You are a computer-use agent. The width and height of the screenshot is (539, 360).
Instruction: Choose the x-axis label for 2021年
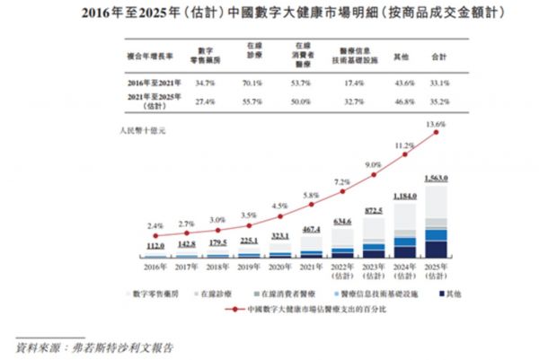(310, 266)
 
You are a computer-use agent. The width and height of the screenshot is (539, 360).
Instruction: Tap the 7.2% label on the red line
(342, 183)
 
